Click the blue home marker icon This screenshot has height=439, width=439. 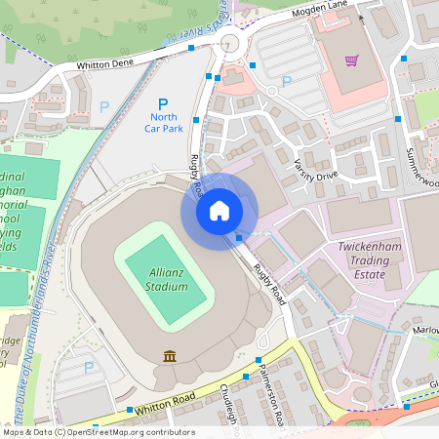pyautogui.click(x=219, y=211)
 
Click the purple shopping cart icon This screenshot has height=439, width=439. pyautogui.click(x=351, y=60)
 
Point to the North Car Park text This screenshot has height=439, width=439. pyautogui.click(x=163, y=121)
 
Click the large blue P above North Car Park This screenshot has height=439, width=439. pyautogui.click(x=163, y=102)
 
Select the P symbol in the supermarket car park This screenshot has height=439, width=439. pyautogui.click(x=286, y=82)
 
